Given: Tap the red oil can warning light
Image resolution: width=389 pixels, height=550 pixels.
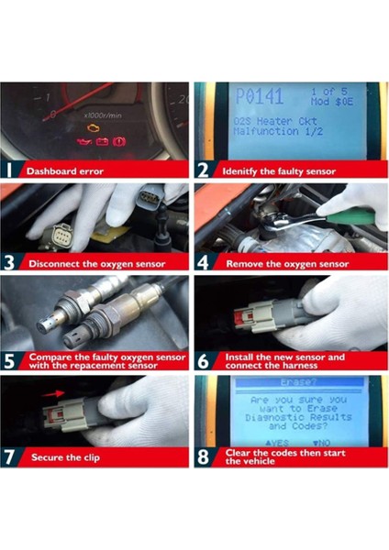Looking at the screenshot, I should [x=85, y=142].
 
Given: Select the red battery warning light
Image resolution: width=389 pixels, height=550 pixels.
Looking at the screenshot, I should [x=103, y=142].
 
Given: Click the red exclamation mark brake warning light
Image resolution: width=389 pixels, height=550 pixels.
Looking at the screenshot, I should [x=120, y=142].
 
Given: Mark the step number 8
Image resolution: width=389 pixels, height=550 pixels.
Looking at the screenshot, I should [x=205, y=456].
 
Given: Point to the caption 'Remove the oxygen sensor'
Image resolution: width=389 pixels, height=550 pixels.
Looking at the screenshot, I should [x=285, y=264].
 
